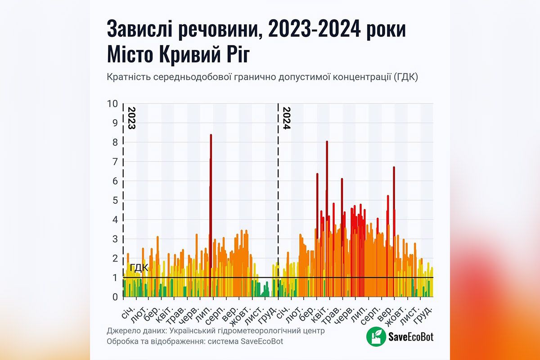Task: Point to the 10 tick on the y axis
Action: coord(112,104)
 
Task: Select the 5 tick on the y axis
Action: coord(115,201)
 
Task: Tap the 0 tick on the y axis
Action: coord(115,297)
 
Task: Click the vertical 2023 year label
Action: coord(131,118)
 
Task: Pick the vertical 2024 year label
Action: coord(286,118)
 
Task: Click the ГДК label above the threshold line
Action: coord(139,268)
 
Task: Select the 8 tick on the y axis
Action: coord(115,143)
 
